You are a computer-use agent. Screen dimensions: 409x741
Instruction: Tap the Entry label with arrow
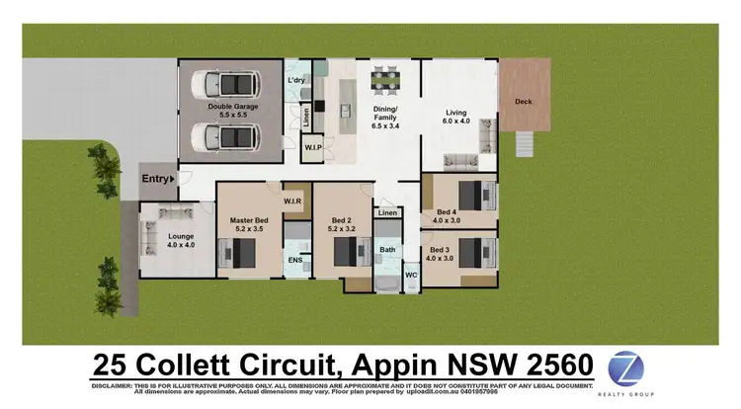[x=158, y=178]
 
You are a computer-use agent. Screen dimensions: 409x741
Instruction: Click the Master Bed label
[x=247, y=224]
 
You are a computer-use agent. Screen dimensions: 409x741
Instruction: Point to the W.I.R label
[x=292, y=202]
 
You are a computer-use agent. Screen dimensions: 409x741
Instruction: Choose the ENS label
[x=294, y=260]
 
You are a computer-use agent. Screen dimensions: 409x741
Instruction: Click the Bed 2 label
[x=341, y=224]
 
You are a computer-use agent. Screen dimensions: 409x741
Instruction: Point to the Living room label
[x=456, y=118]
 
